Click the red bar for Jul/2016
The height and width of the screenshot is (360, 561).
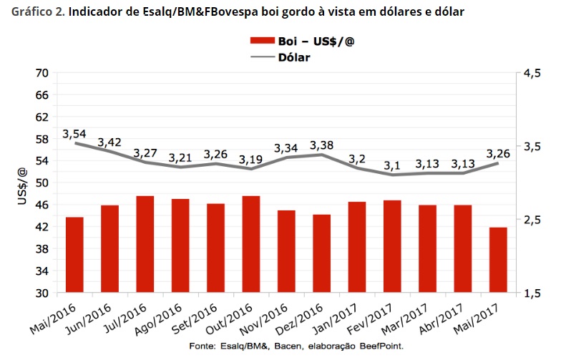[x=145, y=244]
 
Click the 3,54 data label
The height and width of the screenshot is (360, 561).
[x=74, y=134]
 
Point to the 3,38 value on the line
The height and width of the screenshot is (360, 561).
[x=322, y=145]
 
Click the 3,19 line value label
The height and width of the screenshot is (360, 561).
[x=251, y=159]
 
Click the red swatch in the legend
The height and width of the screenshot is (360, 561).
[x=262, y=41]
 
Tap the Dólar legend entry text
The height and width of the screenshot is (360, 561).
[x=293, y=57]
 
